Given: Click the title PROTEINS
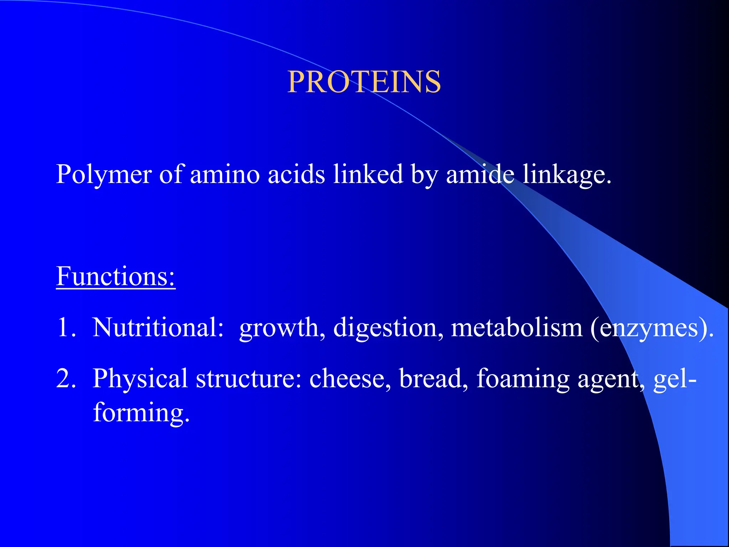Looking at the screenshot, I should click(364, 82).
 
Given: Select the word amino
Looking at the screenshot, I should click(225, 174).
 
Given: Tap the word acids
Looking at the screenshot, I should click(296, 174).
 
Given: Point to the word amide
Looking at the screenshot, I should click(480, 174).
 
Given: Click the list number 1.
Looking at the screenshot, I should click(65, 327).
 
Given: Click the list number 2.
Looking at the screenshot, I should click(66, 378).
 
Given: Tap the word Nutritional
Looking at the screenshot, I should click(158, 327).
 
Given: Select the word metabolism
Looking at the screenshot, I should click(516, 327).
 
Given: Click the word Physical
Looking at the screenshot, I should click(140, 379).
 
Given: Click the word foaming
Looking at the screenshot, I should click(523, 379).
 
